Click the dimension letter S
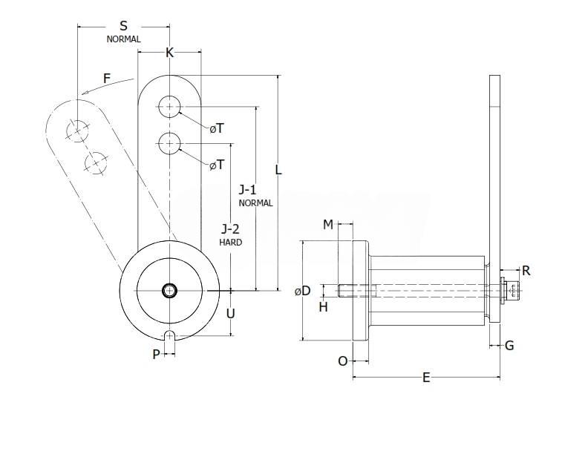(123, 25)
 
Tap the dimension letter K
(169, 53)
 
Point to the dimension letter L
(278, 169)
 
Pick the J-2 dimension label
(230, 229)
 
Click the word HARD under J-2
(230, 242)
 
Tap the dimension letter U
(230, 313)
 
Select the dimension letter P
(156, 355)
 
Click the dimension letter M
(327, 225)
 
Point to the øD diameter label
(302, 291)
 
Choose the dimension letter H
(323, 306)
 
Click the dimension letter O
(342, 361)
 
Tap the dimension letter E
(426, 378)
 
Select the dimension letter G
(509, 345)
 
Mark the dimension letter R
(526, 270)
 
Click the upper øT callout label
(216, 128)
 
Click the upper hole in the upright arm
(170, 107)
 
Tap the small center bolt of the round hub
(170, 290)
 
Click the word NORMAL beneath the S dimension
(123, 39)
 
